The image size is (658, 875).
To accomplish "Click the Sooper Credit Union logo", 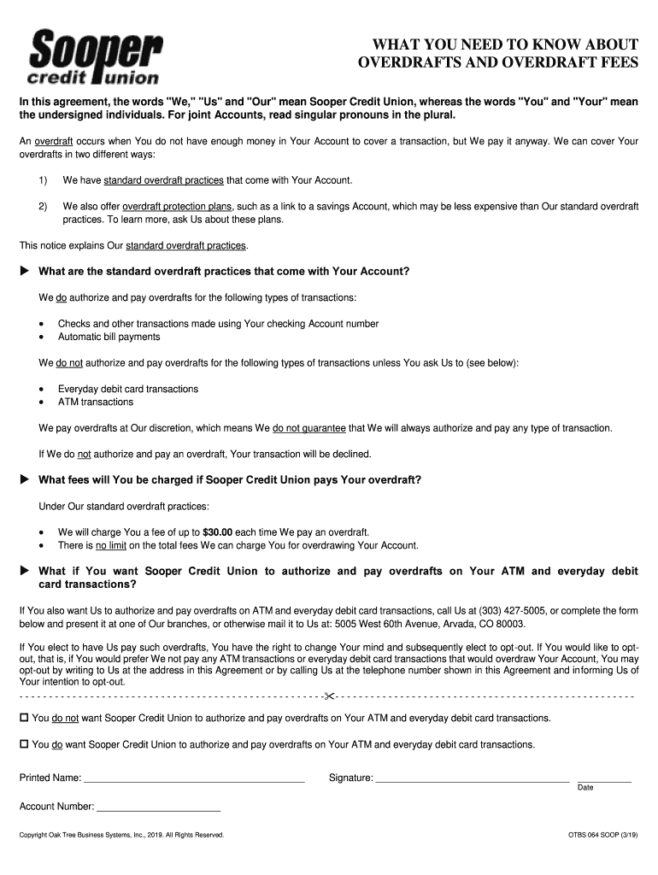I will (x=95, y=57).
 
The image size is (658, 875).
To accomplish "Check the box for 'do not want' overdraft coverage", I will (x=24, y=718).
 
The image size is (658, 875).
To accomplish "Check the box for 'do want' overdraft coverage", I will (x=24, y=744).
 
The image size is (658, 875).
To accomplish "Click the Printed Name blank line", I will (x=194, y=779).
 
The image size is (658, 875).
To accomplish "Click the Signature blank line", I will (x=473, y=779).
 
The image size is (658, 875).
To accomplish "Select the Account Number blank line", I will (x=159, y=807).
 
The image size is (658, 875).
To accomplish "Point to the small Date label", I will (x=585, y=788).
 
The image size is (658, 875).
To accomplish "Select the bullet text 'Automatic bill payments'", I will (x=109, y=337).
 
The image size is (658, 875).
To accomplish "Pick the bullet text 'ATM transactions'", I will (x=96, y=402).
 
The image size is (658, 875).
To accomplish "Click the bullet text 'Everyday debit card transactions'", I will (x=128, y=389).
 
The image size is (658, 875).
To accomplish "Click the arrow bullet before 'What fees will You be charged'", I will (x=24, y=479).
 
